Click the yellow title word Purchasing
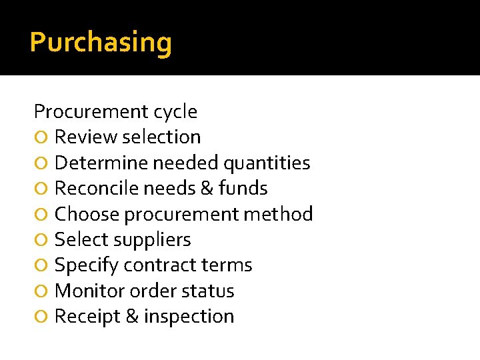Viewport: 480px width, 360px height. tap(101, 43)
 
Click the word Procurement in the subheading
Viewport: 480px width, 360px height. tap(91, 111)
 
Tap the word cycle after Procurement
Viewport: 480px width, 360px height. tap(175, 111)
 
